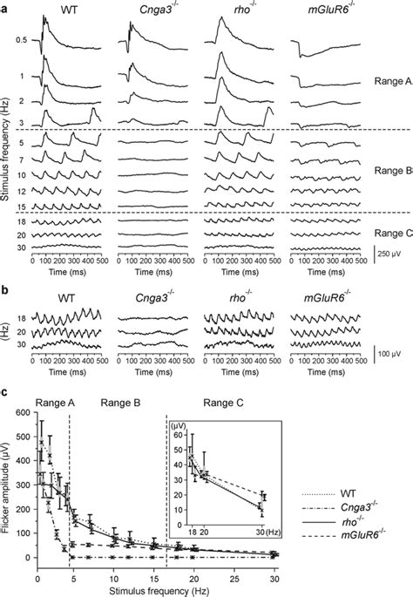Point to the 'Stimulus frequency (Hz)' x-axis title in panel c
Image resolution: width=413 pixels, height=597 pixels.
(157, 590)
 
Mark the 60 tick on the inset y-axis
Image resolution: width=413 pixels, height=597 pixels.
(178, 434)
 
